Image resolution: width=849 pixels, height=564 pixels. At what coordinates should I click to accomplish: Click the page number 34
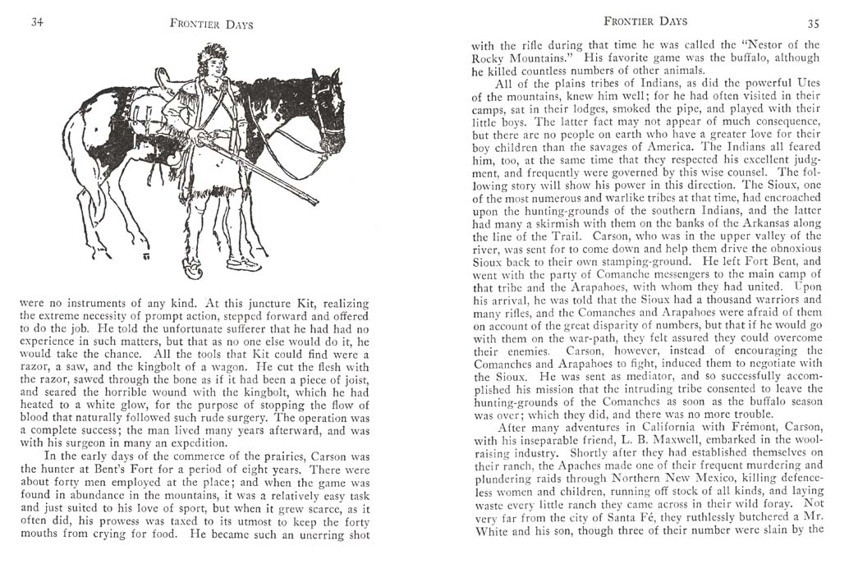pyautogui.click(x=37, y=22)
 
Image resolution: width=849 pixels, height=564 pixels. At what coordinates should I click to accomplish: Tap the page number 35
pyautogui.click(x=814, y=22)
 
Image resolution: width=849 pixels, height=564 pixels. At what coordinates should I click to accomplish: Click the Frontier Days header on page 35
pyautogui.click(x=645, y=21)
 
